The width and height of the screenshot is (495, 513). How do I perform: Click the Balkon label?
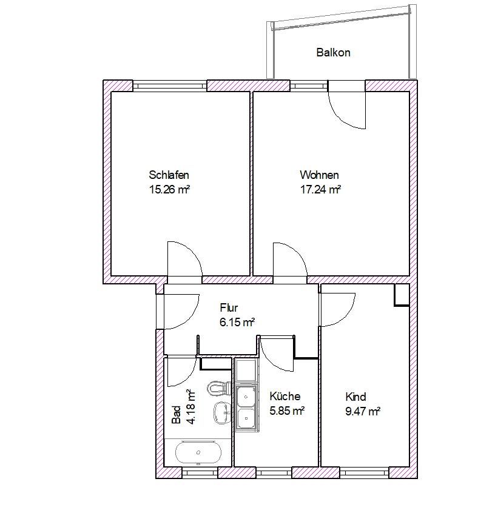[333, 52]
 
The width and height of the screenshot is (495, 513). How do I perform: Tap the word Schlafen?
[169, 175]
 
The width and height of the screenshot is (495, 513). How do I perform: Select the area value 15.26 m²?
[170, 189]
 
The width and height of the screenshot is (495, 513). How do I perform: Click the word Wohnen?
[319, 175]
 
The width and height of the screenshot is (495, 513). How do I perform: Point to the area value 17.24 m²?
[320, 189]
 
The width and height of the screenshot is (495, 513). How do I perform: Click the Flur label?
[229, 307]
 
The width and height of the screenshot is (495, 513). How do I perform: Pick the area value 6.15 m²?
[237, 322]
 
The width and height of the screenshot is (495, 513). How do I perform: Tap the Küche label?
[285, 396]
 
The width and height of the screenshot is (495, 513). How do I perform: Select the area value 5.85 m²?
[287, 411]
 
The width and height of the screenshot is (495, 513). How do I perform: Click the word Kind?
[355, 397]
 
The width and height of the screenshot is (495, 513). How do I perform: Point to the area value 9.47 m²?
[363, 411]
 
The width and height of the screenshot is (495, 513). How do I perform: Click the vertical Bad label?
[177, 415]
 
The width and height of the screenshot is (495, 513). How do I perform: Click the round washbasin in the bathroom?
[223, 413]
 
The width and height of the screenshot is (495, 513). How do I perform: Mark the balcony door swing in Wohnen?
[347, 110]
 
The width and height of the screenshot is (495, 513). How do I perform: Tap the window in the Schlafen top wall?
[170, 86]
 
